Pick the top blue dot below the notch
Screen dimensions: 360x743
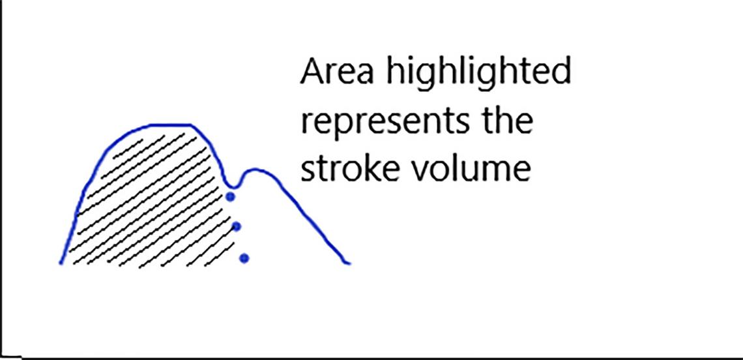(x=229, y=196)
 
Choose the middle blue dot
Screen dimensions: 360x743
(x=237, y=226)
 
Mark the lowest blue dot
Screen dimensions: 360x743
(x=244, y=258)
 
